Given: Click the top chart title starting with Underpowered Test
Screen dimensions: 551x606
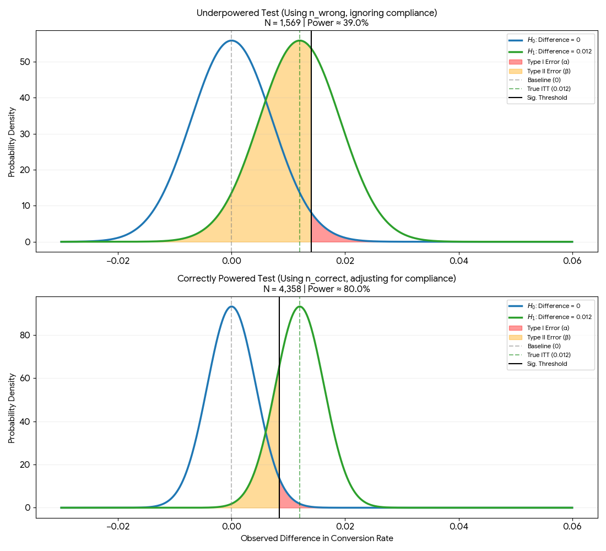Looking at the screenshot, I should (x=316, y=13).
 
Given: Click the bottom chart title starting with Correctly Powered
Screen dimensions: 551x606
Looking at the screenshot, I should (x=316, y=279).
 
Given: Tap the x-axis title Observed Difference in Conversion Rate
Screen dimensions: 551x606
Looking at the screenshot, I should (x=317, y=538).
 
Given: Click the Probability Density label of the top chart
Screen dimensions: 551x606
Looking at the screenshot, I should (x=12, y=142).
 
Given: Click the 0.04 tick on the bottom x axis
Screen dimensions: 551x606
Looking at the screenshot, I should (x=459, y=526).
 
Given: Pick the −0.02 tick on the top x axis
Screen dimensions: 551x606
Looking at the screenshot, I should (x=117, y=260).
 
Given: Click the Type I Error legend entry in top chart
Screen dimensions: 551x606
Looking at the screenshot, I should (x=548, y=62).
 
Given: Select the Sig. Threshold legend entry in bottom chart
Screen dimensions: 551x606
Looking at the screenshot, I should (x=547, y=364).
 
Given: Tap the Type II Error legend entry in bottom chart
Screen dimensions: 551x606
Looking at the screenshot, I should (x=548, y=337).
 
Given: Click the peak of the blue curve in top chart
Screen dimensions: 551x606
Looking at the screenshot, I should (x=231, y=41).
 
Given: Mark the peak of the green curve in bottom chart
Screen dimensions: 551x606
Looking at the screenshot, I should (x=300, y=307).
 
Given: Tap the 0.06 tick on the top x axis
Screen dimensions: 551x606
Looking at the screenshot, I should (x=572, y=260).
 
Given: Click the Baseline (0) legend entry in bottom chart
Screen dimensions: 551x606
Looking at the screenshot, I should (x=544, y=346).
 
